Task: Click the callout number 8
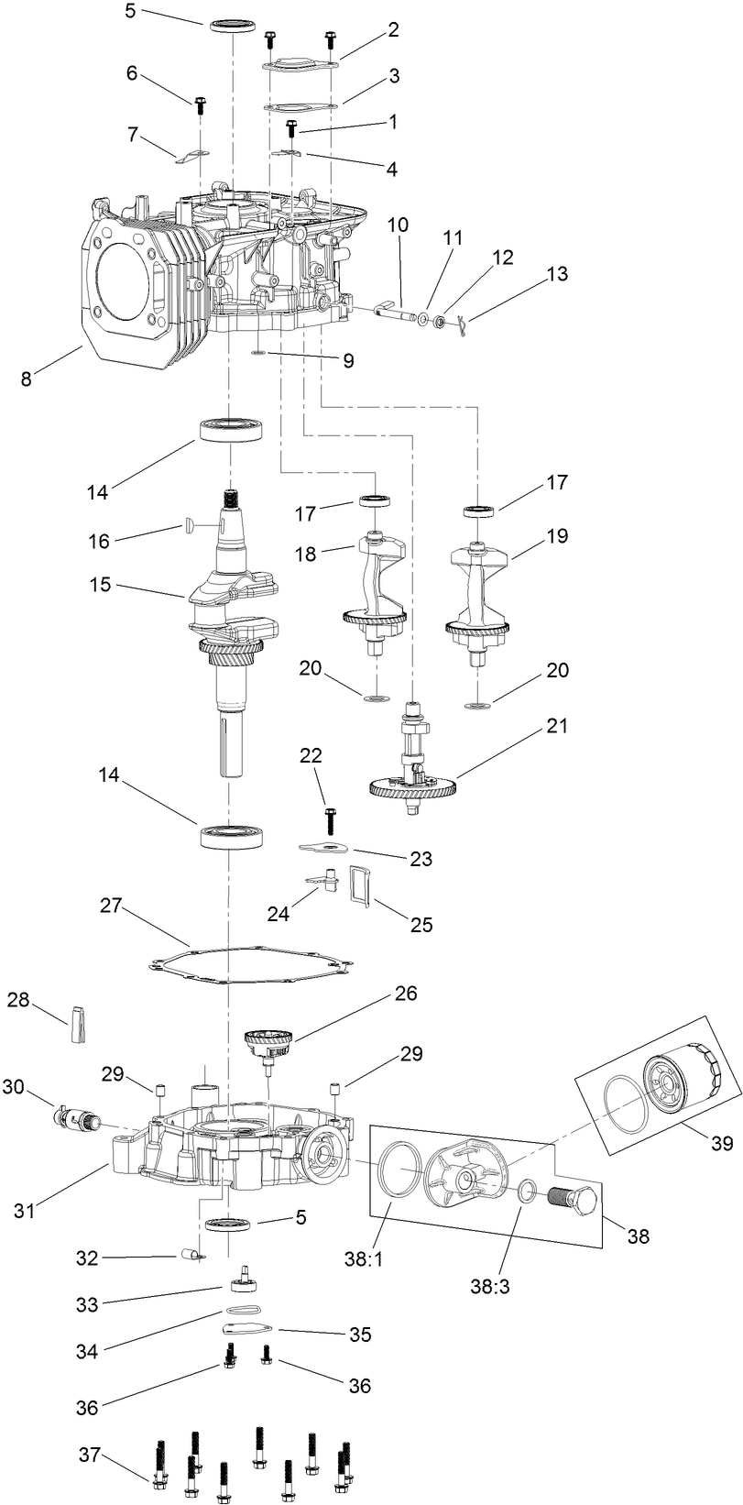pyautogui.click(x=26, y=377)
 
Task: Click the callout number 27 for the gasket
pyautogui.click(x=111, y=906)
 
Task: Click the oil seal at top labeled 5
pyautogui.click(x=233, y=25)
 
